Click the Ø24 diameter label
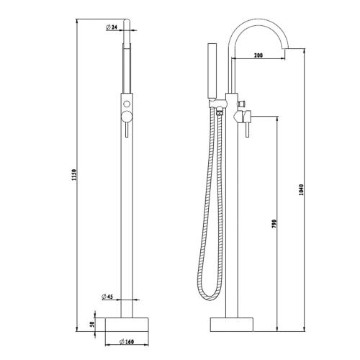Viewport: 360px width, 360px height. pos(111,27)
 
